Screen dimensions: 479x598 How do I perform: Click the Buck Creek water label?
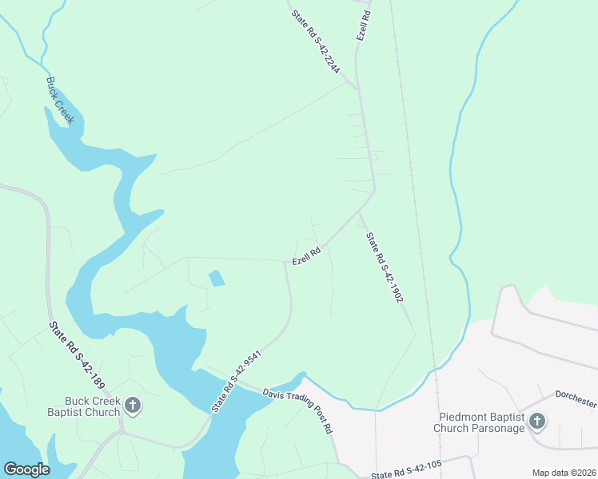click(x=60, y=100)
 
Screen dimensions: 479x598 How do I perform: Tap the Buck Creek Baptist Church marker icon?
click(x=133, y=406)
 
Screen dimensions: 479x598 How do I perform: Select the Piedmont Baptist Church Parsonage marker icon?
click(x=537, y=421)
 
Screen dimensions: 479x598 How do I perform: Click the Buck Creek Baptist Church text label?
click(x=93, y=406)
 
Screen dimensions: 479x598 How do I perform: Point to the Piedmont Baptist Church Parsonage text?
click(x=481, y=422)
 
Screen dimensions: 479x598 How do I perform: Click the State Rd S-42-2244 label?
click(x=316, y=42)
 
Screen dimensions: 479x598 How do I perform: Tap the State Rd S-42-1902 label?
click(x=384, y=267)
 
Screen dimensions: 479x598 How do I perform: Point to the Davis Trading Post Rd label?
click(x=297, y=410)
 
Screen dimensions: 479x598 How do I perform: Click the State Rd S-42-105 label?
click(x=406, y=470)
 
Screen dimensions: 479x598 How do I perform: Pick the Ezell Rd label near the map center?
click(x=306, y=255)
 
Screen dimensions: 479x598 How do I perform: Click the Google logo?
click(x=26, y=469)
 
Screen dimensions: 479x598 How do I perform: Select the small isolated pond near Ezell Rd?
click(x=216, y=279)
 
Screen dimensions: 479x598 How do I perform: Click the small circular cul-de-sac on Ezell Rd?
click(x=373, y=157)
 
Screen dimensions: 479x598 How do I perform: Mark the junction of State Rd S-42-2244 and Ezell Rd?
click(x=356, y=85)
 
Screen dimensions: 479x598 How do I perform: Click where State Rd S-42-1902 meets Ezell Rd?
click(x=359, y=211)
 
